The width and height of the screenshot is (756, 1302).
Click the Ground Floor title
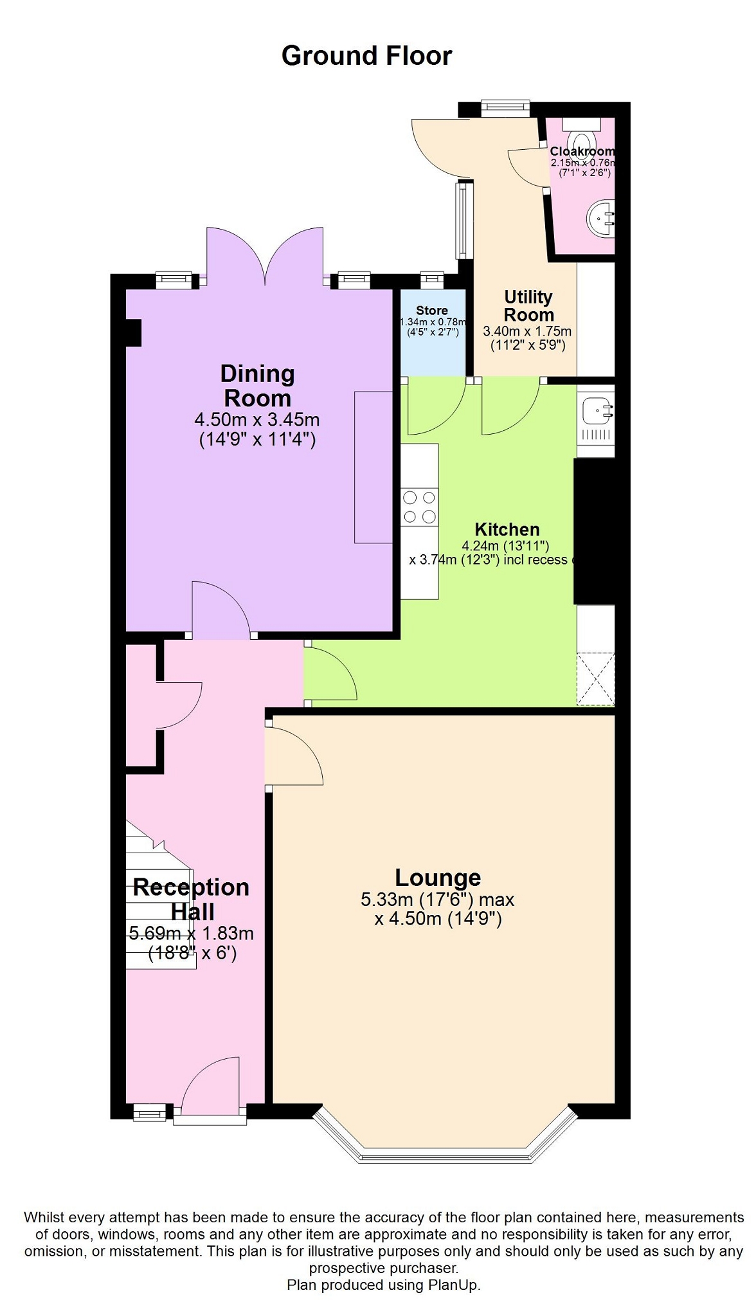click(x=366, y=56)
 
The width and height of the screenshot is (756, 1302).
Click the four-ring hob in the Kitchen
click(x=419, y=507)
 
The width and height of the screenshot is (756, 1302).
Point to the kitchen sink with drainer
click(x=597, y=420)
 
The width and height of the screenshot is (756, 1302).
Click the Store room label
click(x=431, y=311)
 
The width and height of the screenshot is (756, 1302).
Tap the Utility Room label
click(x=528, y=306)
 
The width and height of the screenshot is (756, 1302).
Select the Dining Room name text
click(x=257, y=386)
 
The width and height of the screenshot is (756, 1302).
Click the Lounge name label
click(x=438, y=878)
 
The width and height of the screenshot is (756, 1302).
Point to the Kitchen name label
click(x=507, y=529)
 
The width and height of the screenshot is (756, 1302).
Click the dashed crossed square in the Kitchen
click(x=596, y=679)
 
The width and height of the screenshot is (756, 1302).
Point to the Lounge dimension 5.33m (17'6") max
click(x=438, y=900)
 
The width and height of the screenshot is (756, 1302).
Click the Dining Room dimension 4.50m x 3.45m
click(x=257, y=420)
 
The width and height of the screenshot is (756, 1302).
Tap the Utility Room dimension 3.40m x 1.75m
click(x=527, y=331)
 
